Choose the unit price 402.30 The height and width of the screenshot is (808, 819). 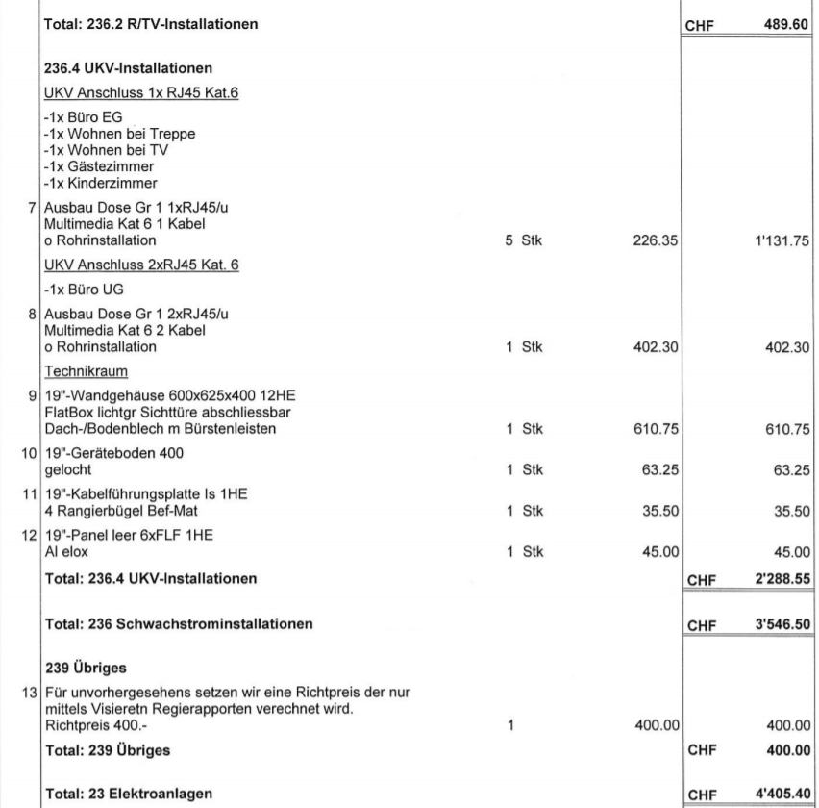point(656,347)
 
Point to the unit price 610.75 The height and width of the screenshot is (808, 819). point(656,426)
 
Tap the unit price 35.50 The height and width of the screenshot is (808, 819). point(658,511)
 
